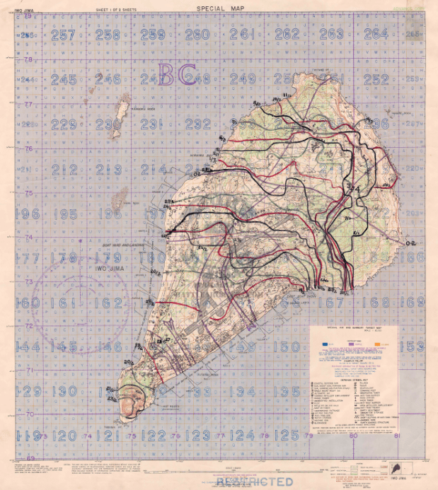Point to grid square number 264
point(376,34)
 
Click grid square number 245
point(64,80)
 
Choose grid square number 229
point(64,124)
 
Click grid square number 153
point(411,346)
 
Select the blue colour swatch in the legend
point(324,344)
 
